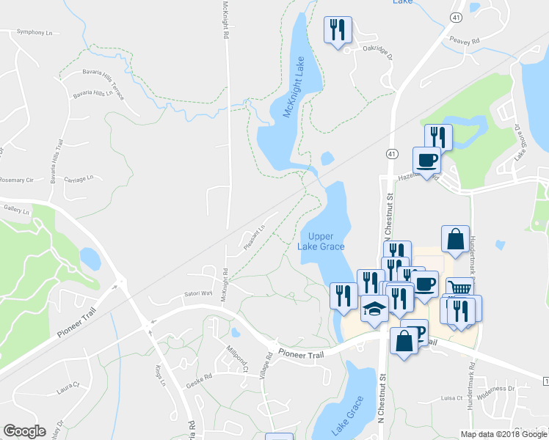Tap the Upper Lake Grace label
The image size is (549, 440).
321,241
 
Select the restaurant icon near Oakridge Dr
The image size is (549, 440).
338,30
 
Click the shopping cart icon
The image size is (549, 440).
458,288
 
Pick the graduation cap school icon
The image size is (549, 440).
374,310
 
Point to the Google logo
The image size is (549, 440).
25,430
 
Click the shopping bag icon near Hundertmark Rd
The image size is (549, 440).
455,239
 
